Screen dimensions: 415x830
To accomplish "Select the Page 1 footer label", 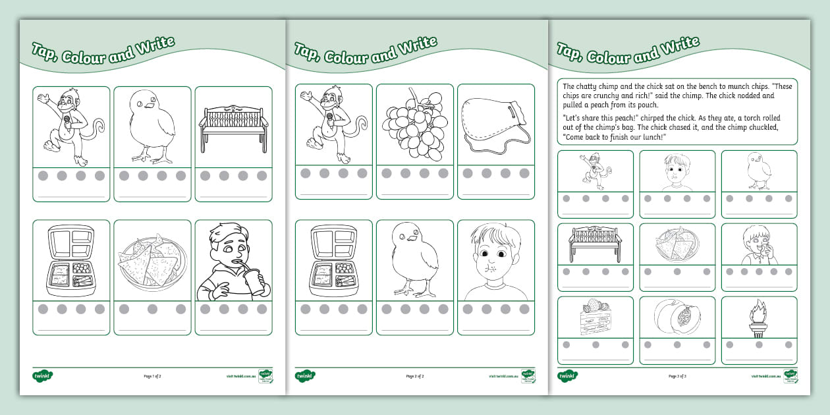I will click(x=152, y=376).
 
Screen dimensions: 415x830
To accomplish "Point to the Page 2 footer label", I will click(x=415, y=376).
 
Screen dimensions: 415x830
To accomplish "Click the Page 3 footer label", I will click(x=677, y=376).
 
